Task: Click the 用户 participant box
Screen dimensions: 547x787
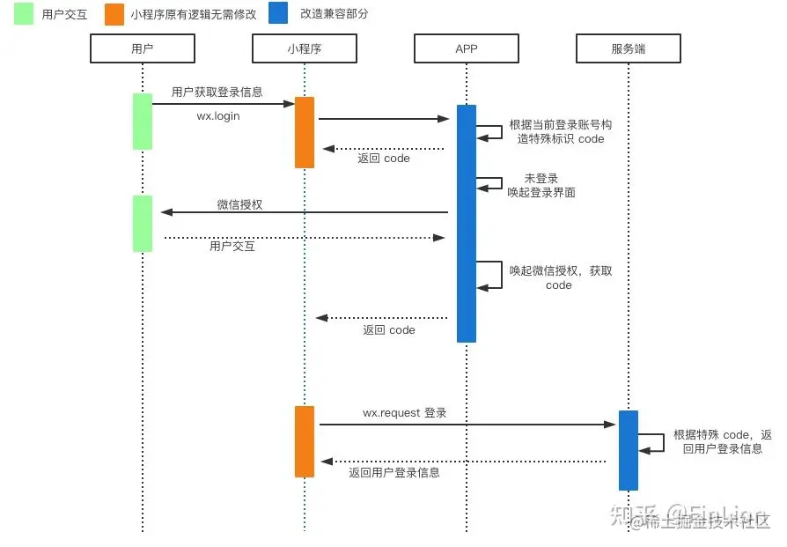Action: [x=142, y=48]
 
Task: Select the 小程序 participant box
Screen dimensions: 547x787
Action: [x=304, y=48]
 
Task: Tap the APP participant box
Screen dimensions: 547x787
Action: [x=466, y=48]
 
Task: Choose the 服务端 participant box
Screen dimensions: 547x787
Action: [x=628, y=48]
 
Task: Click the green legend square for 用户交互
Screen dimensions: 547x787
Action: [x=23, y=14]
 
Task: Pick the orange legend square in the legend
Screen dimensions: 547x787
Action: [x=114, y=14]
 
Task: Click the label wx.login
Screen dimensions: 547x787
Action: [x=217, y=115]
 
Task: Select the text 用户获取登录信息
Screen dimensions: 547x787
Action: [x=217, y=92]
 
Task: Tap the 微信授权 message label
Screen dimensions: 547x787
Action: [x=239, y=204]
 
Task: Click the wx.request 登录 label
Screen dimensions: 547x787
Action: [x=405, y=412]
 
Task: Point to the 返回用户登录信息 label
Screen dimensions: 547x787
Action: [x=393, y=472]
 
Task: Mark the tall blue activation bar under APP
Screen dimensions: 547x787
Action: [x=467, y=223]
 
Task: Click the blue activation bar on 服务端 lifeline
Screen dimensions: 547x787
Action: [x=628, y=450]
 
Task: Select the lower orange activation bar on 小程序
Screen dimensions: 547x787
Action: [x=305, y=441]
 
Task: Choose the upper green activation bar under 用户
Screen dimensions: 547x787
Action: [x=142, y=122]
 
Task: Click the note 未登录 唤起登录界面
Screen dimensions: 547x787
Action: [x=541, y=185]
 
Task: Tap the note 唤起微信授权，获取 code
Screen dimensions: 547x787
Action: [x=560, y=277]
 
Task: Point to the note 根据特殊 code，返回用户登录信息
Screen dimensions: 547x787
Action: [x=723, y=441]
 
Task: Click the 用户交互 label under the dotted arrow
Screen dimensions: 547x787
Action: [x=232, y=247]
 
